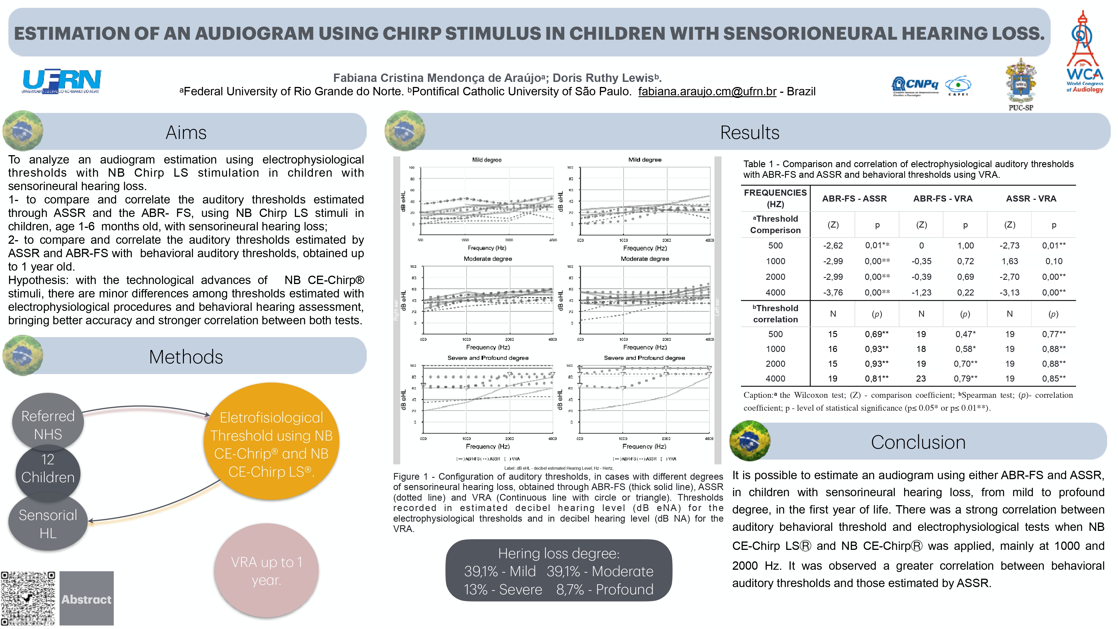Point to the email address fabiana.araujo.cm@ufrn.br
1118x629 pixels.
coord(707,92)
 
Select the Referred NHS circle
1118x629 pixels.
coord(48,425)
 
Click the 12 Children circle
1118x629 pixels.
coord(48,469)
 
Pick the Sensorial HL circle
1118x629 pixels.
coord(48,524)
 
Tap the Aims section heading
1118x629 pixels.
coord(186,133)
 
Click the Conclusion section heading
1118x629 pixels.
coord(918,442)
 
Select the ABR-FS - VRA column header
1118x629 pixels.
coord(943,199)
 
